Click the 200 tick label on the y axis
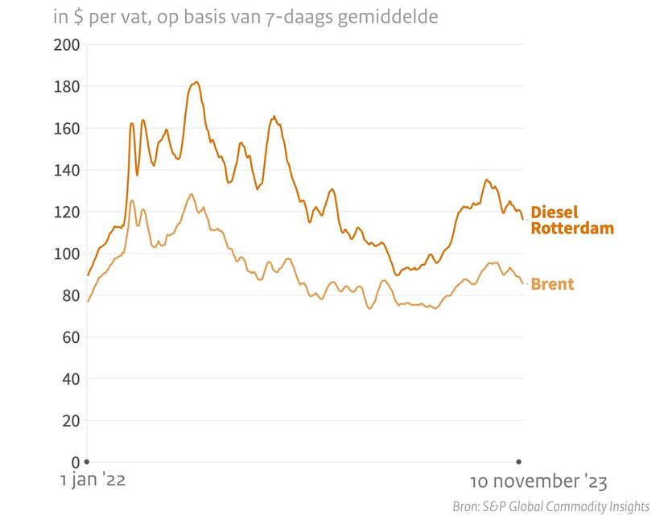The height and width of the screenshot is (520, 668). [x=66, y=44]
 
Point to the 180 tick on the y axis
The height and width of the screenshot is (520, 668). [x=66, y=86]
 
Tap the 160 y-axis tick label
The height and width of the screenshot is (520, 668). [x=66, y=128]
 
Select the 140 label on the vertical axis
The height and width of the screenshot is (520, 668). [x=66, y=170]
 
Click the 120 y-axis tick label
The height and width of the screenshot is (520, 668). [x=66, y=212]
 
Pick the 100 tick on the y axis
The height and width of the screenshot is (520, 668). [x=66, y=254]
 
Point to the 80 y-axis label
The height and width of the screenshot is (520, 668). [x=70, y=295]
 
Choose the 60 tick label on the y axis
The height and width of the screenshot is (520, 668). [x=70, y=337]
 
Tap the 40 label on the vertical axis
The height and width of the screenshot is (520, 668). [x=70, y=379]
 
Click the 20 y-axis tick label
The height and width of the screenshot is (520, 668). [x=70, y=421]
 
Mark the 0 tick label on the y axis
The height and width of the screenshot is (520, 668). [x=75, y=463]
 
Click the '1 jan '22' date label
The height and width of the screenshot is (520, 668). [x=93, y=481]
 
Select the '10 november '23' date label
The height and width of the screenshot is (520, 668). [x=538, y=481]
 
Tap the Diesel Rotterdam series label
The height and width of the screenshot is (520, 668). [x=571, y=220]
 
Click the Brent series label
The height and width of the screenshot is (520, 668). [x=552, y=284]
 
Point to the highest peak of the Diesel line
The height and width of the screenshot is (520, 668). [x=196, y=82]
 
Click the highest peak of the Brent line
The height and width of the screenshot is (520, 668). [x=191, y=194]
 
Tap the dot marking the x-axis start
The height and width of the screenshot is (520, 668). [x=87, y=461]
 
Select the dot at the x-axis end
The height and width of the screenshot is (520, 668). [x=518, y=461]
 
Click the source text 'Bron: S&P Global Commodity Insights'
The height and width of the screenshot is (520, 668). [x=550, y=506]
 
